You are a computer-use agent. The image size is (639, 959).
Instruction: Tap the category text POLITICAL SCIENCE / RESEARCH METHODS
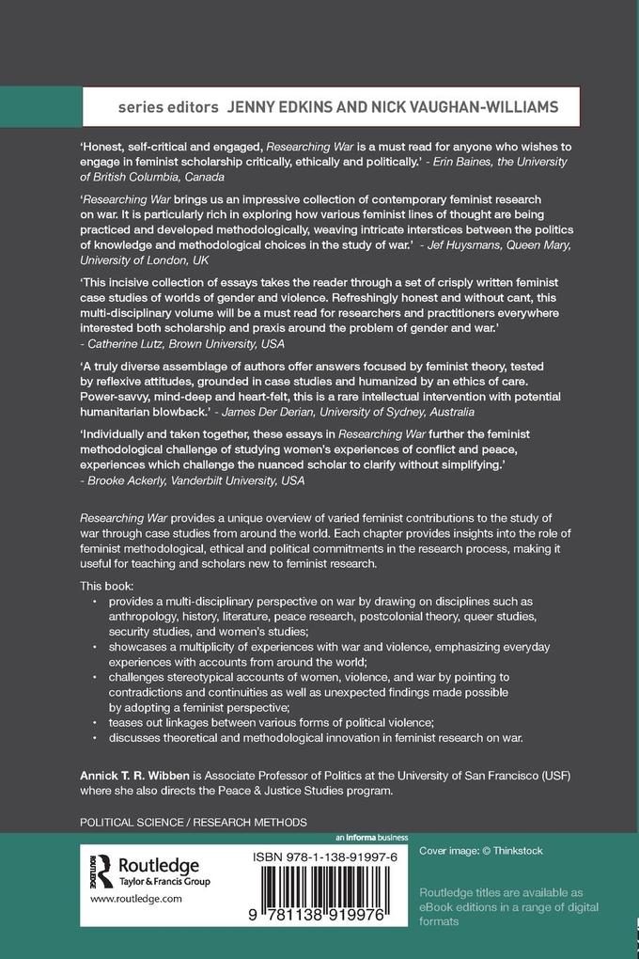pyautogui.click(x=194, y=822)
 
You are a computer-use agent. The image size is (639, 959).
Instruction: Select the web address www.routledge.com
pyautogui.click(x=135, y=899)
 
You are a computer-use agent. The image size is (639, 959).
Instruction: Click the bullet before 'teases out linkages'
pyautogui.click(x=95, y=721)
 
